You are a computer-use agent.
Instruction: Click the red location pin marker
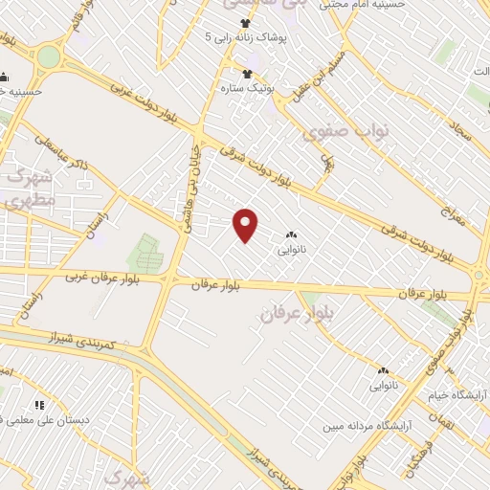246,224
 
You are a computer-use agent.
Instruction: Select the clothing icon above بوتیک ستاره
247,74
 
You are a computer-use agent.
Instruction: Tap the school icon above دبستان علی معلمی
39,405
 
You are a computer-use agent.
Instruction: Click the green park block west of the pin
145,252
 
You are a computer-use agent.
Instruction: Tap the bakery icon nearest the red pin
291,235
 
